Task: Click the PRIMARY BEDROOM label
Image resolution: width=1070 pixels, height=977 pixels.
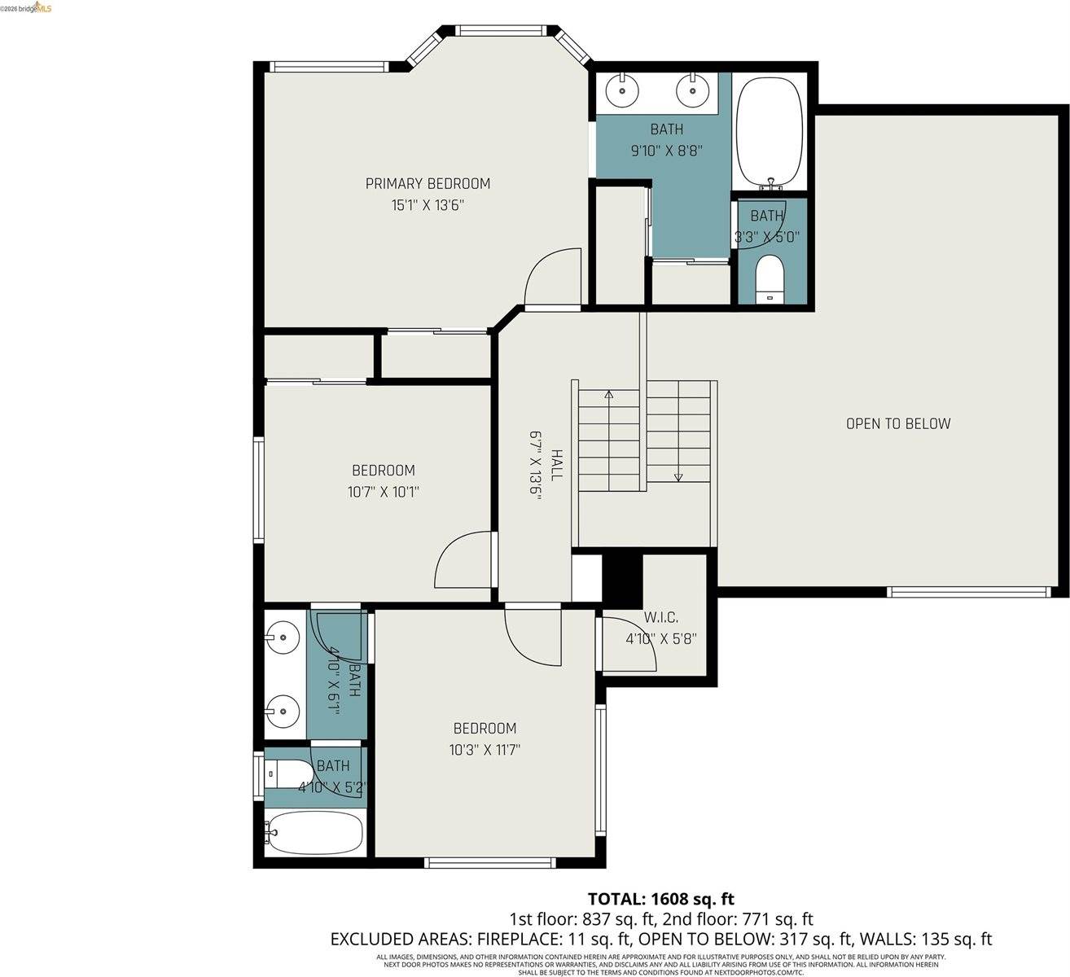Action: [x=428, y=184]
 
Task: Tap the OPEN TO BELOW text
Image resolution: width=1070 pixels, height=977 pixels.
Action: [x=897, y=423]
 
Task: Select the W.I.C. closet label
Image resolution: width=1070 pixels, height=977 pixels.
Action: [x=660, y=618]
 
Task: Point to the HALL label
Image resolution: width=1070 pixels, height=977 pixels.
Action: [x=556, y=464]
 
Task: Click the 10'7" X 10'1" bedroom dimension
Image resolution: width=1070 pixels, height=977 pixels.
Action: [x=383, y=492]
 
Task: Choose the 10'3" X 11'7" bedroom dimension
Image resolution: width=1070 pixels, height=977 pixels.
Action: [x=485, y=750]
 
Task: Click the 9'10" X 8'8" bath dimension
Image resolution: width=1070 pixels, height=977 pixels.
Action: [x=666, y=151]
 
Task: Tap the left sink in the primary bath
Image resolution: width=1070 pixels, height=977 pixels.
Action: [x=623, y=90]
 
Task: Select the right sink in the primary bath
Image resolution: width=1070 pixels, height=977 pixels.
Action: [x=692, y=90]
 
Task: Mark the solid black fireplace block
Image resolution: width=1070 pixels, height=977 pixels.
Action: [x=622, y=578]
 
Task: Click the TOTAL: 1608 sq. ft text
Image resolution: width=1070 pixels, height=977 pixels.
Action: [x=660, y=899]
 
